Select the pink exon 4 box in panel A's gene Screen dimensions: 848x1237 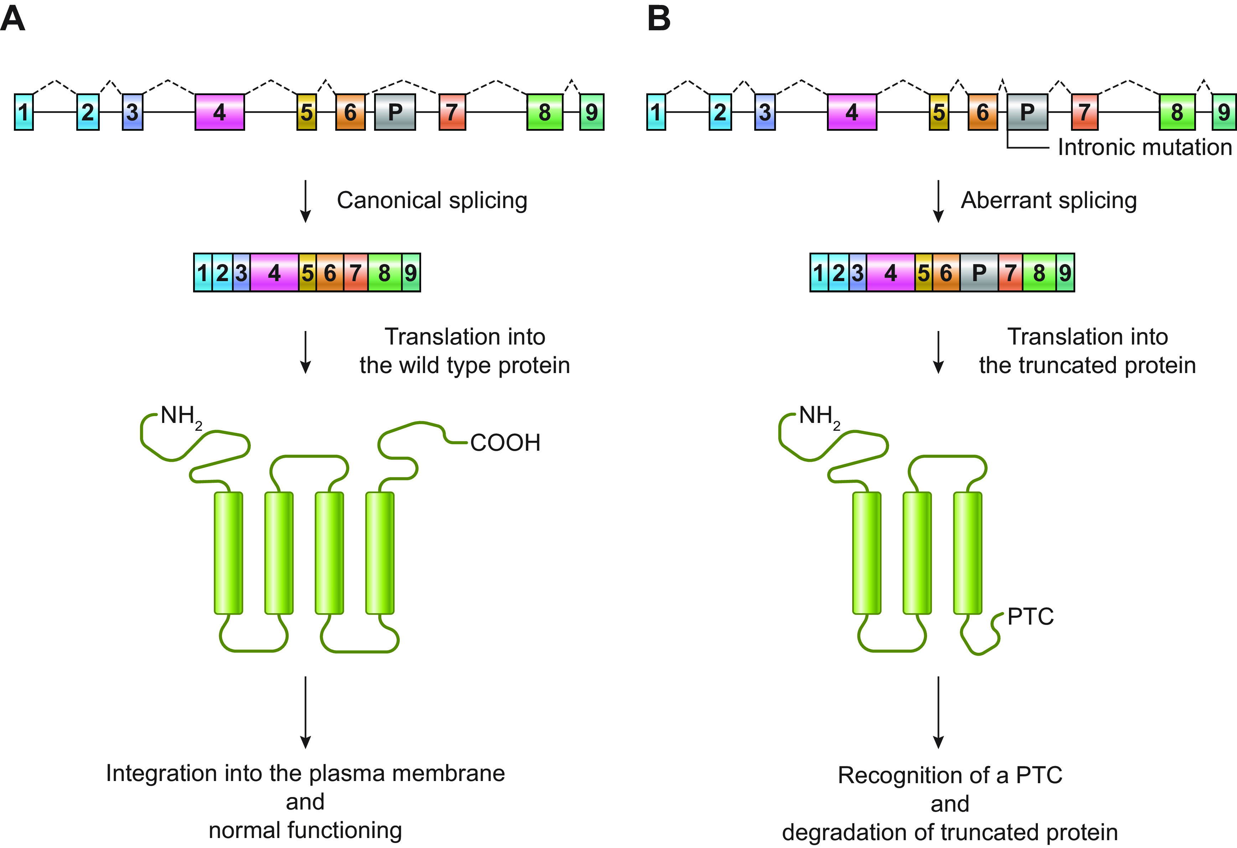[x=220, y=112]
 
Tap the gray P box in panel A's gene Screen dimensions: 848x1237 [x=395, y=112]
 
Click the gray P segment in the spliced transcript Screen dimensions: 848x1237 [x=979, y=273]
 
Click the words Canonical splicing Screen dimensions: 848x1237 [x=432, y=201]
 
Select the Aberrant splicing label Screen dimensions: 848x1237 [x=1049, y=201]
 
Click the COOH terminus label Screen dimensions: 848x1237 [x=505, y=443]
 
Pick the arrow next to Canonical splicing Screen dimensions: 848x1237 [x=306, y=201]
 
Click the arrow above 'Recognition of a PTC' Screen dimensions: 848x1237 [x=938, y=712]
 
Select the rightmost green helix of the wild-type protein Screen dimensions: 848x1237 [x=379, y=553]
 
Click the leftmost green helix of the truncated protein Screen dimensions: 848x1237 [x=866, y=553]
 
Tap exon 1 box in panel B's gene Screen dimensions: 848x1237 [x=656, y=112]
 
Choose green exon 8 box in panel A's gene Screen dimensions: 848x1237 [x=544, y=112]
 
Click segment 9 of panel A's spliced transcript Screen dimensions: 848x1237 [x=411, y=273]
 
